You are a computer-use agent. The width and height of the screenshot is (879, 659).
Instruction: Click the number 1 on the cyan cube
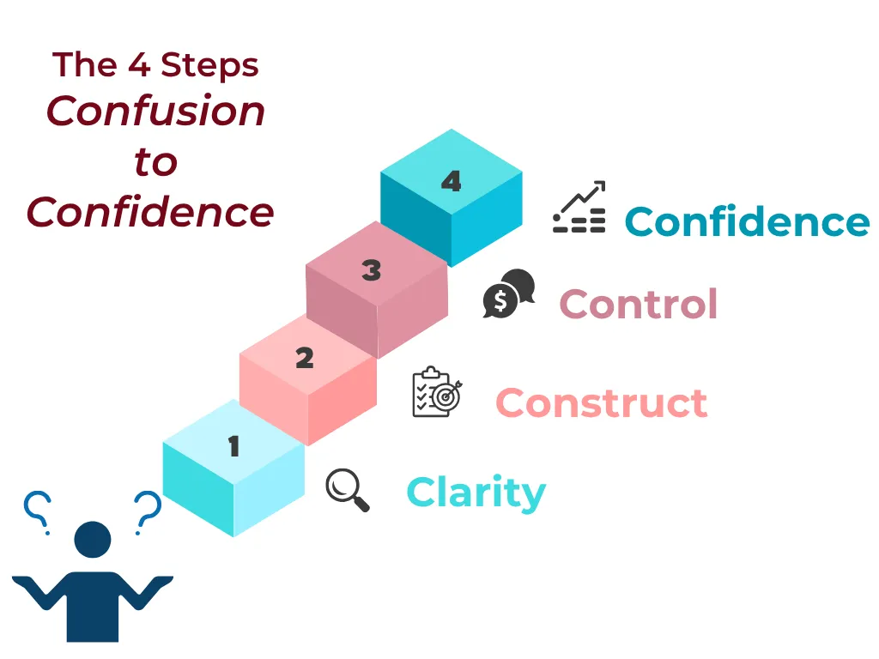(x=234, y=446)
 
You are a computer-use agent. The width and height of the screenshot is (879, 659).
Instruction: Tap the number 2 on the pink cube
(x=305, y=358)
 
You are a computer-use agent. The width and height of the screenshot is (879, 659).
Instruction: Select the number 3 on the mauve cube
(x=372, y=270)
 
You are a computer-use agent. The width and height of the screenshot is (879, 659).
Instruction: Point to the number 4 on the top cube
(x=452, y=181)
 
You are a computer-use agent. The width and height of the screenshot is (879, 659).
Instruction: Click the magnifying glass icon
(x=347, y=489)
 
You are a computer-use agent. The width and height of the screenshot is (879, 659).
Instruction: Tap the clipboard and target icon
(x=437, y=392)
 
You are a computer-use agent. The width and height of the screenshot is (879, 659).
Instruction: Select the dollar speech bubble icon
(x=509, y=293)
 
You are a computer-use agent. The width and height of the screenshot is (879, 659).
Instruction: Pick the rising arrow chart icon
(x=579, y=207)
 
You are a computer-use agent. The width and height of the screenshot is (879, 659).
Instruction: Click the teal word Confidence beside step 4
(x=747, y=222)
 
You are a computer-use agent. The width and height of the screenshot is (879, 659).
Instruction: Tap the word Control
(x=639, y=304)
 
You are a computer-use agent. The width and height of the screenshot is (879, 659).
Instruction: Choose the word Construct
(x=602, y=403)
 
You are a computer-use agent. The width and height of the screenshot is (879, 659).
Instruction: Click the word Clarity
(x=476, y=493)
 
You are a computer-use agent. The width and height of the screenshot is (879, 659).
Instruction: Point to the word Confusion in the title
(x=155, y=111)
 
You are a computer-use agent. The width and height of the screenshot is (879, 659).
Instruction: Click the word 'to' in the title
(x=156, y=162)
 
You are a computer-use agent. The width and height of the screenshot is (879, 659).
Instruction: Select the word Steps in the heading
(x=209, y=65)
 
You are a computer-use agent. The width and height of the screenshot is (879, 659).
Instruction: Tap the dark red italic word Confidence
(x=150, y=212)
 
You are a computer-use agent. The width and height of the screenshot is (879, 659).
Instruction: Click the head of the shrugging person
(x=93, y=539)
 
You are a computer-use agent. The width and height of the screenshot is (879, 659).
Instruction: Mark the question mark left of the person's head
(x=38, y=511)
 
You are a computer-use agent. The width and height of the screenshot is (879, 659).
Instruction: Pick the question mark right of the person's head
(x=148, y=511)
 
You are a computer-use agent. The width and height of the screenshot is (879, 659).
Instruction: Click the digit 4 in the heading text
(x=139, y=64)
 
